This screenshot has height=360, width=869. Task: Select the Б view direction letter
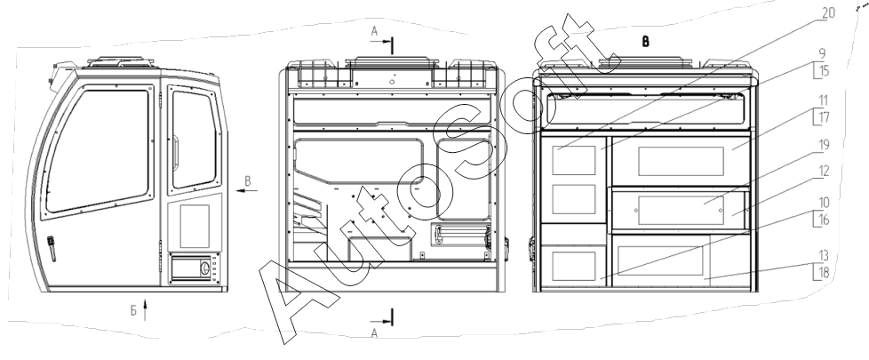click(132, 310)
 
